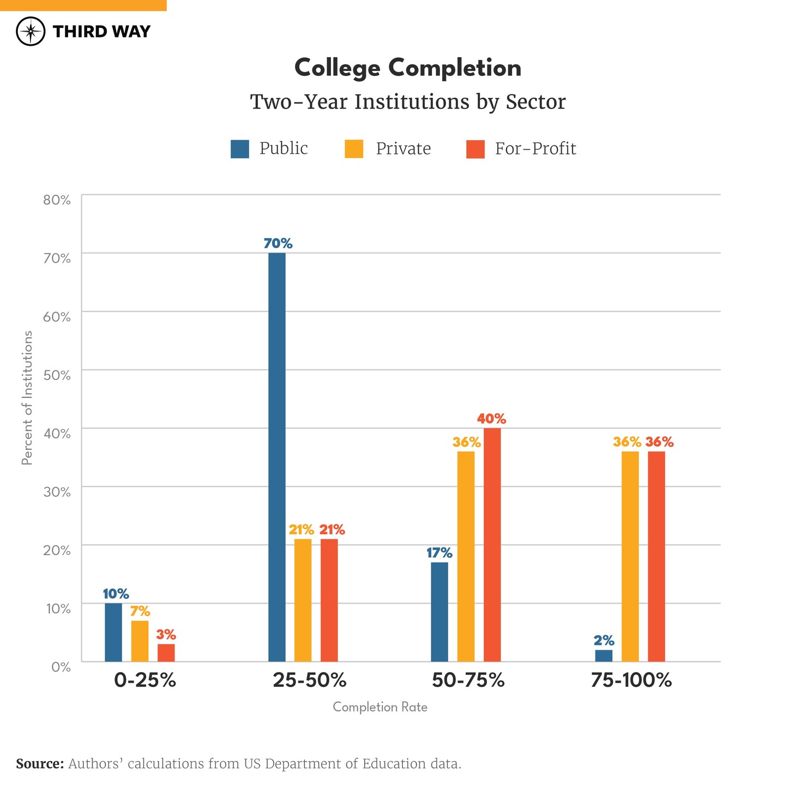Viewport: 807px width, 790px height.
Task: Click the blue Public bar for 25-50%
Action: [277, 457]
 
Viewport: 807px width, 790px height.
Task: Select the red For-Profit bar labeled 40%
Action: [492, 544]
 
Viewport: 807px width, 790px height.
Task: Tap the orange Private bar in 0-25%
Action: [140, 641]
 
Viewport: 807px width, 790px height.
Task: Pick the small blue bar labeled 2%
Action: [604, 655]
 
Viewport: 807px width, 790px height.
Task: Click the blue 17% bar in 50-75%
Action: [439, 612]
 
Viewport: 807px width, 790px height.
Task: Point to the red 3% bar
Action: [166, 653]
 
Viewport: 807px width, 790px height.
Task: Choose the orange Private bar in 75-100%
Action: [630, 556]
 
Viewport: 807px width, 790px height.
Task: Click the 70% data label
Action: [278, 244]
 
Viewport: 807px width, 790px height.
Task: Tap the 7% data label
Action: [140, 611]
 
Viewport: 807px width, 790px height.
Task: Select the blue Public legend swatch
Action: [240, 149]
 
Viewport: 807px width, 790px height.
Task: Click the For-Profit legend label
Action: [535, 149]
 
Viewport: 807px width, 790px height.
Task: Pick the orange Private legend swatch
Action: [354, 149]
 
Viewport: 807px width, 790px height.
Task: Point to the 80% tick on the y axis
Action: [57, 200]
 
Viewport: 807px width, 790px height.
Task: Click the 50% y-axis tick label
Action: [57, 375]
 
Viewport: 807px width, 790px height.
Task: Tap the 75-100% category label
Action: [631, 680]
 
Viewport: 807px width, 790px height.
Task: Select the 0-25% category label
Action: [145, 680]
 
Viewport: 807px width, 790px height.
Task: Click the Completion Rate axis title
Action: [380, 707]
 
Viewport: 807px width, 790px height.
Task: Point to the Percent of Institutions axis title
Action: [27, 398]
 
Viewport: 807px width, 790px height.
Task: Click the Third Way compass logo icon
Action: [31, 32]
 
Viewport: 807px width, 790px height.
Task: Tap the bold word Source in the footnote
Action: [40, 764]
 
